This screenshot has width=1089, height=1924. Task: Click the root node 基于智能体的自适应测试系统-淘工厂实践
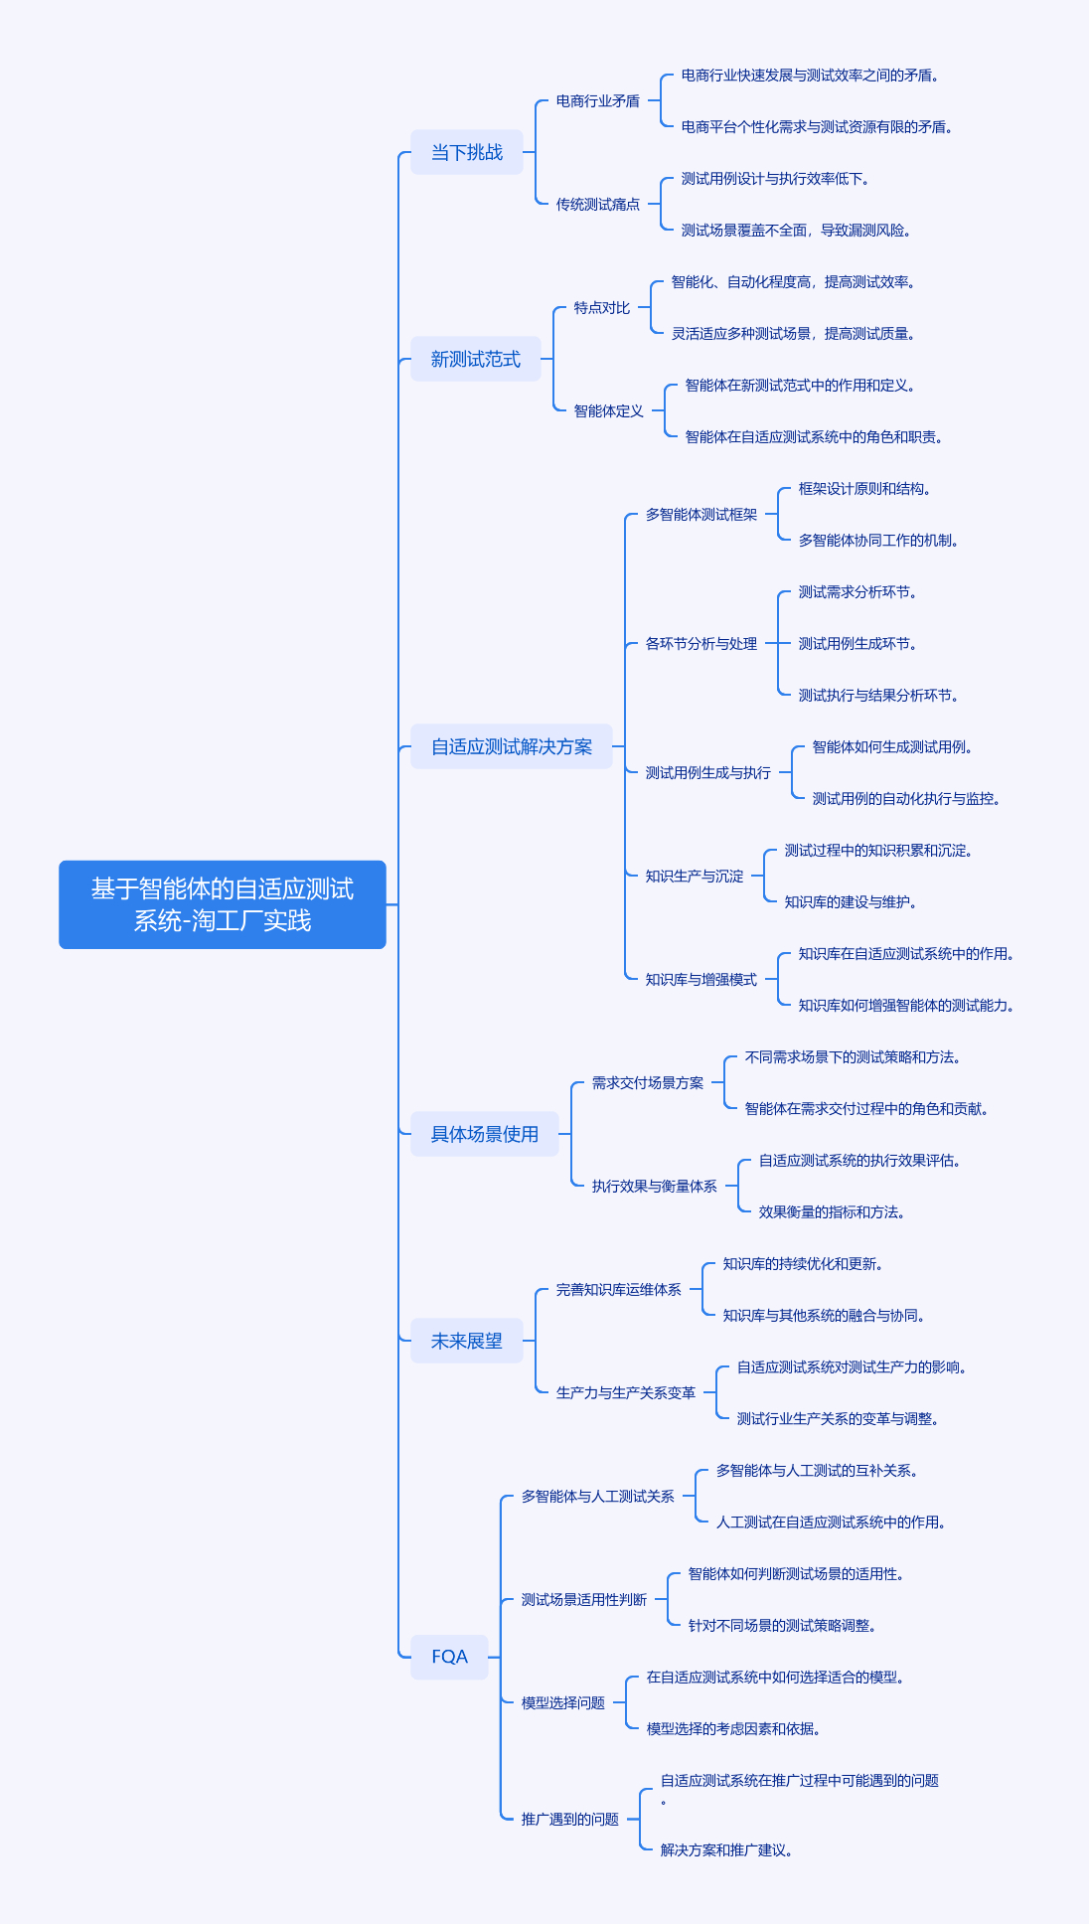pos(223,904)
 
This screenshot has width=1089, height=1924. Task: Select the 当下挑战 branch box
pos(467,152)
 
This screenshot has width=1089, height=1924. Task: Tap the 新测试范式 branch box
pos(476,359)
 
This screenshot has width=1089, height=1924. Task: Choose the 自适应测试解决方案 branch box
pos(512,746)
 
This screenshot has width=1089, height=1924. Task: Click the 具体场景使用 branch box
pos(485,1134)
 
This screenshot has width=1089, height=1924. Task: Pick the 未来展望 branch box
pos(467,1341)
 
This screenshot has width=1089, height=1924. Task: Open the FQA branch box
pos(449,1657)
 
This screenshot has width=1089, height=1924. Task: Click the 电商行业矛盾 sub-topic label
pos(598,101)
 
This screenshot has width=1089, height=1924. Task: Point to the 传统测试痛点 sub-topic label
pos(598,205)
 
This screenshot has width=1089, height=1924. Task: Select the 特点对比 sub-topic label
pos(602,308)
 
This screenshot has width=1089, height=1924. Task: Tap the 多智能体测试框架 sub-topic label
pos(701,515)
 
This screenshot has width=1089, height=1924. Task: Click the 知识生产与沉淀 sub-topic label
pos(695,877)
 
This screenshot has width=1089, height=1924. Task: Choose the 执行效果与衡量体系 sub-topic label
pos(655,1187)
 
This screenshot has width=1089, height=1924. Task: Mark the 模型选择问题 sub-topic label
pos(563,1703)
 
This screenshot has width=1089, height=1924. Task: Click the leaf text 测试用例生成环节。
pos(857,644)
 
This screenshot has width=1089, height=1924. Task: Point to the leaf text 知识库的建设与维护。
pos(851,902)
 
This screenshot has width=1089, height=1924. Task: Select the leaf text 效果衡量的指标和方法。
pos(832,1212)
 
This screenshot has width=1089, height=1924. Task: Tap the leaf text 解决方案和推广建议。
pos(726,1850)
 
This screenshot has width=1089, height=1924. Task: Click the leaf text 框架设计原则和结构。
pos(864,489)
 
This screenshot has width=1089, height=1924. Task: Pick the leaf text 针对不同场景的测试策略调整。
pos(782,1626)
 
